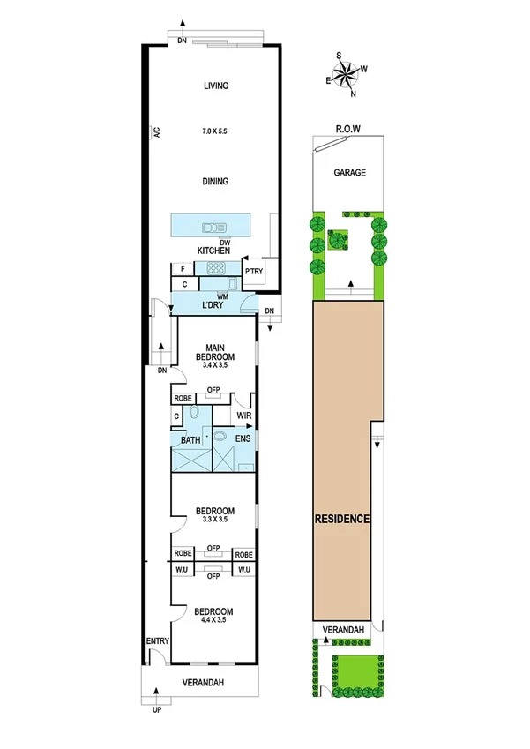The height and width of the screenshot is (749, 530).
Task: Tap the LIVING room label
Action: pyautogui.click(x=216, y=86)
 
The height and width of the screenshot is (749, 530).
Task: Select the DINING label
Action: pyautogui.click(x=216, y=182)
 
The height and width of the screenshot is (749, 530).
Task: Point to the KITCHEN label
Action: pyautogui.click(x=213, y=251)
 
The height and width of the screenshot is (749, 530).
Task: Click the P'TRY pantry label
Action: pyautogui.click(x=254, y=271)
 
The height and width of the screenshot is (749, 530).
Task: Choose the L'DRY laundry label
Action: pyautogui.click(x=215, y=304)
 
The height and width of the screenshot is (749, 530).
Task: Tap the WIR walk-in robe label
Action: pyautogui.click(x=244, y=415)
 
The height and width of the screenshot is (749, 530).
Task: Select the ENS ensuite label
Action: pyautogui.click(x=243, y=438)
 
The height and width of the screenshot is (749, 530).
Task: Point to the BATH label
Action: pyautogui.click(x=190, y=439)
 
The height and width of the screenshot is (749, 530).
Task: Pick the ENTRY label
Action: pyautogui.click(x=155, y=642)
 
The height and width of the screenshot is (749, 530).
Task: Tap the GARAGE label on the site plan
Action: pyautogui.click(x=348, y=173)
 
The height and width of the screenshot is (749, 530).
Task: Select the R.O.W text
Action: pyautogui.click(x=348, y=129)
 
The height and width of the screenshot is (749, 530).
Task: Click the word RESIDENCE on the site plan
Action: pyautogui.click(x=342, y=519)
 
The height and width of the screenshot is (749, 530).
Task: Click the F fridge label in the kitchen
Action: pyautogui.click(x=183, y=269)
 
